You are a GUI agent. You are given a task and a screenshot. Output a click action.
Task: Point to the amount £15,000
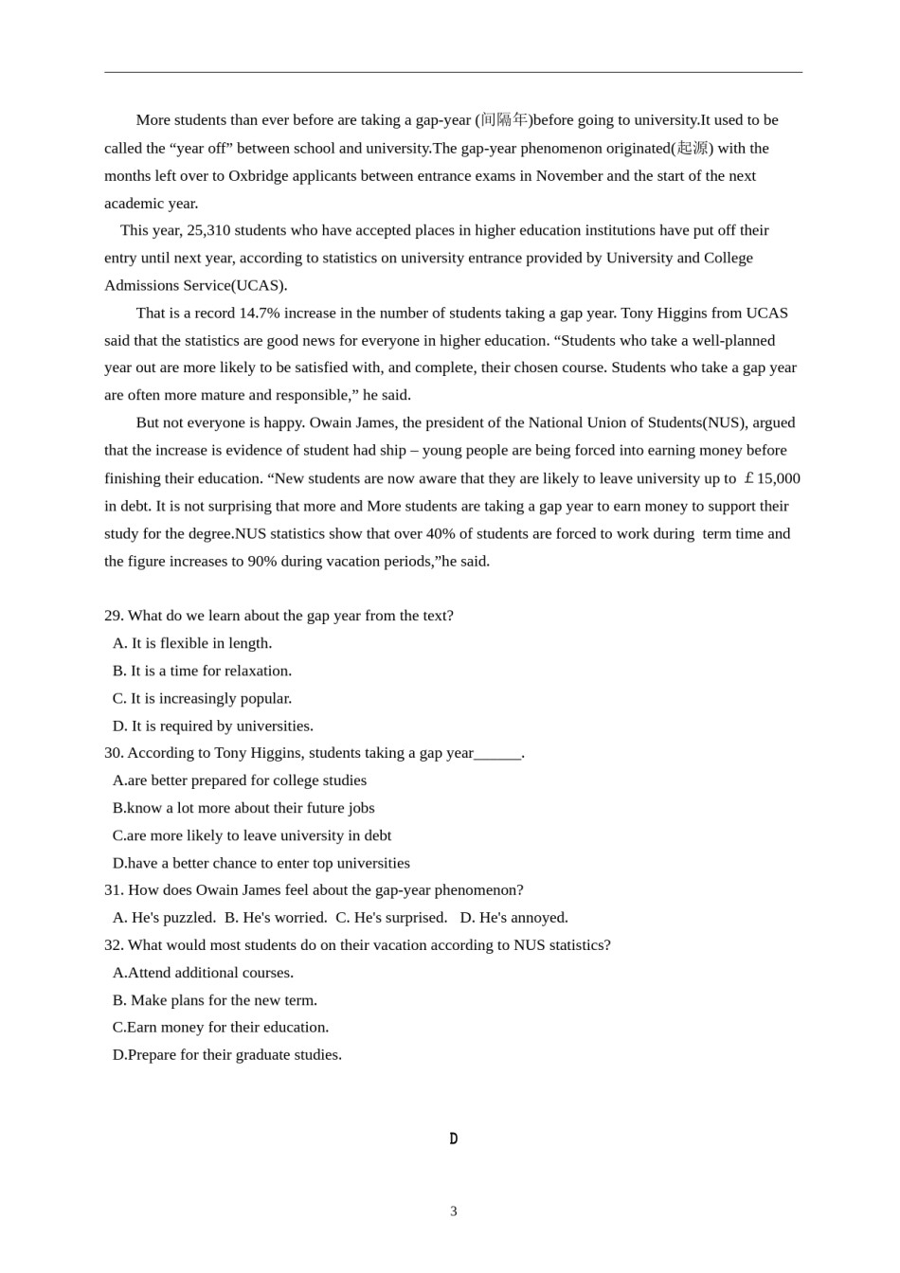772,478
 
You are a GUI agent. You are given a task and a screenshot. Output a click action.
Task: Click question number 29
114,616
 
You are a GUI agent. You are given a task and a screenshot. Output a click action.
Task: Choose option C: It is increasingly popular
202,698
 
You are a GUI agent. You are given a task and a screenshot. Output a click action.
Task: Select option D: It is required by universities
212,726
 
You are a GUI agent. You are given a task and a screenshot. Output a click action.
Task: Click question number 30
114,753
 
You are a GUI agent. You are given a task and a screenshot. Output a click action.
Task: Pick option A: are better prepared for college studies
239,780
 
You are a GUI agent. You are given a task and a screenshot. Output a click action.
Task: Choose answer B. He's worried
276,918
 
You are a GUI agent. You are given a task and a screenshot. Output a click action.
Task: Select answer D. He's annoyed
514,918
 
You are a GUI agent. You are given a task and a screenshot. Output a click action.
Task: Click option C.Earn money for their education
221,1028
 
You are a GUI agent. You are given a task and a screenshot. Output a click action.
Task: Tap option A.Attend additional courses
203,973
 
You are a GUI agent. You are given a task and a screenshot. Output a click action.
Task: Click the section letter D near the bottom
454,1139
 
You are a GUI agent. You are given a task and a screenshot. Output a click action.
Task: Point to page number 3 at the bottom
454,1211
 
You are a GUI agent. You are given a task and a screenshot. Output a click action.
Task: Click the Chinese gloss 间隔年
504,120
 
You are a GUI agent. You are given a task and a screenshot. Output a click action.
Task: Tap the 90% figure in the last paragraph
262,562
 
